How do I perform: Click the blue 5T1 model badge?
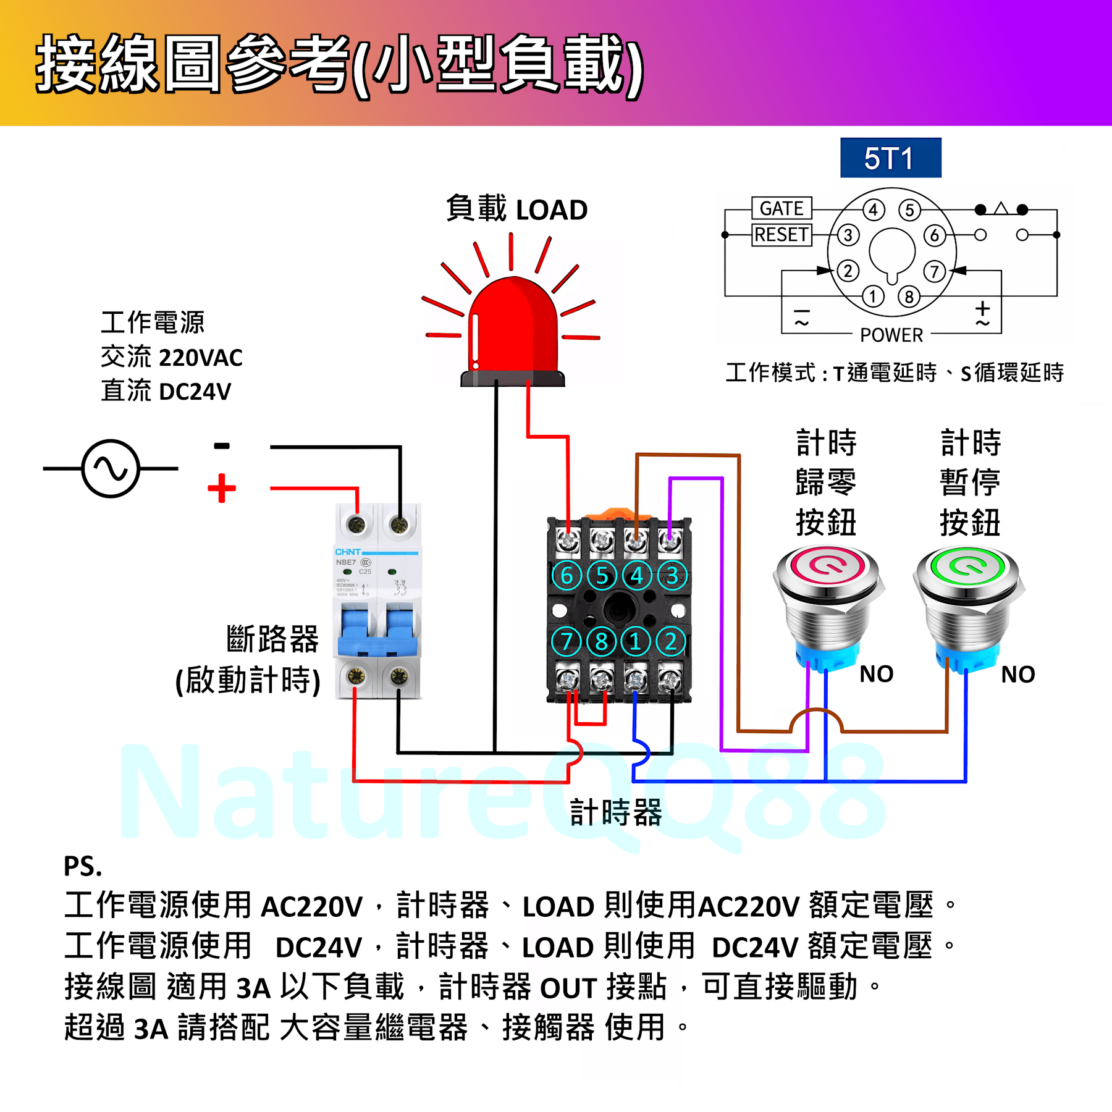[890, 158]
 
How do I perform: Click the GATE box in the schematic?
[781, 208]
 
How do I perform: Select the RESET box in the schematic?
[781, 235]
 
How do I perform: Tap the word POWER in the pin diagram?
[891, 335]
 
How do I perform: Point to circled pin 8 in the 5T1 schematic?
[909, 297]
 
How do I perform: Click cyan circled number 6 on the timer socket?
[567, 575]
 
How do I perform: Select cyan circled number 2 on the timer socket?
[670, 641]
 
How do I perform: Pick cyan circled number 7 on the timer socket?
[567, 641]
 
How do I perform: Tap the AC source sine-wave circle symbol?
[111, 468]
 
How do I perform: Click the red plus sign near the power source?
[222, 489]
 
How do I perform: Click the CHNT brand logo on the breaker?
[348, 552]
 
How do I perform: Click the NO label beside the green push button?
[1017, 674]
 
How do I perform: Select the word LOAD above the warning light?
[552, 210]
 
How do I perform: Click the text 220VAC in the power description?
[201, 358]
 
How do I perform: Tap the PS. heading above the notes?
[83, 866]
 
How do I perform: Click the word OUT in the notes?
[568, 988]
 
